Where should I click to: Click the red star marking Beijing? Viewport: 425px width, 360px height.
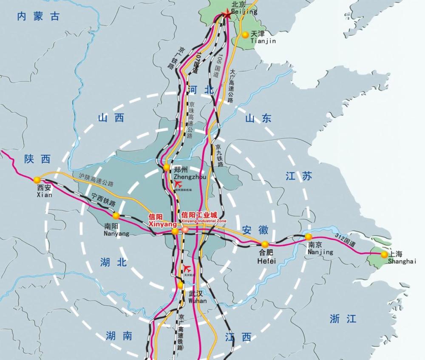226,15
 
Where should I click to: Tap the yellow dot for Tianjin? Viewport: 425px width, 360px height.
246,35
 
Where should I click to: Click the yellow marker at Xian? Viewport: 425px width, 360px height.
37,179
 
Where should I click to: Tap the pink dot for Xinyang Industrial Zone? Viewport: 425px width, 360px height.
185,230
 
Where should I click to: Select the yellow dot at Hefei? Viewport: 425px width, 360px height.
265,244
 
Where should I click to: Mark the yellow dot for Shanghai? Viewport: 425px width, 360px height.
384,254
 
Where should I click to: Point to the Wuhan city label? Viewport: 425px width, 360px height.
196,297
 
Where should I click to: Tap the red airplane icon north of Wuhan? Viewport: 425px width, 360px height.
187,268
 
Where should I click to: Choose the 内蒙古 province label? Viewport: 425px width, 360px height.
38,17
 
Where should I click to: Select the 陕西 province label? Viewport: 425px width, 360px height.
37,159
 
